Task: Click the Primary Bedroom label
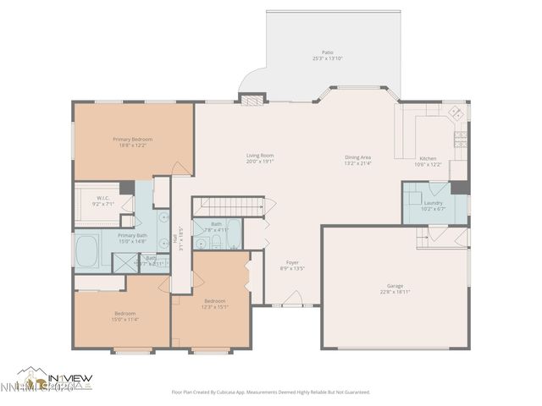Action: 132,139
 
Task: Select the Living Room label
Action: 260,156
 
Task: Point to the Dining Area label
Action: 357,157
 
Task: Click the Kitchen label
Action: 429,159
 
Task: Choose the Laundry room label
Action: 433,203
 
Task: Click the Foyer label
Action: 292,262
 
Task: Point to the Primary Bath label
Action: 131,236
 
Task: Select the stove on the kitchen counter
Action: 460,138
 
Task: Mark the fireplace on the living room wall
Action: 252,99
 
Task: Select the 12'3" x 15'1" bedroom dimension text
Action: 214,307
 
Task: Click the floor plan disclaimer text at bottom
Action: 271,392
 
